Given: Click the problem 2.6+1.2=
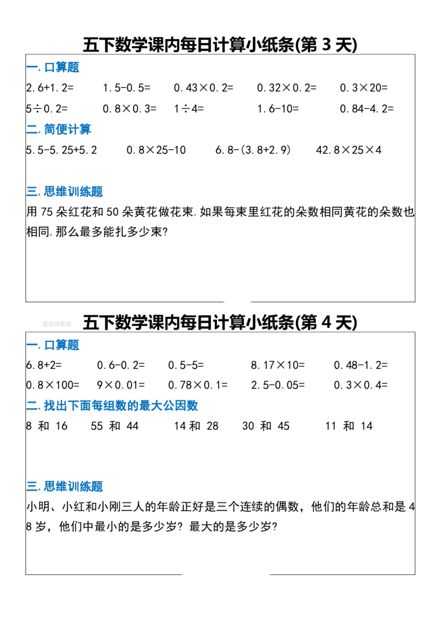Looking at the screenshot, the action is click(50, 88).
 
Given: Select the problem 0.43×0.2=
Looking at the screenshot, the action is click(203, 88).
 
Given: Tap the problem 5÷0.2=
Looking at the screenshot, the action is click(47, 109).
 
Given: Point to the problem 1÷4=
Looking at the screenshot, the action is click(189, 109).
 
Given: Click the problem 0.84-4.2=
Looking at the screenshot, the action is click(367, 109).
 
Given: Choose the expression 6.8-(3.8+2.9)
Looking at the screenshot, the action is click(253, 150).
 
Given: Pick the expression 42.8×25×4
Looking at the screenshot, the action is click(348, 150).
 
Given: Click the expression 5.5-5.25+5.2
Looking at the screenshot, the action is click(62, 150).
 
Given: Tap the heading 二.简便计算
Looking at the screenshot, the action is click(59, 129).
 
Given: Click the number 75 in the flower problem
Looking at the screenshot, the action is click(46, 212).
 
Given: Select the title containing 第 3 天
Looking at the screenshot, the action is click(220, 45).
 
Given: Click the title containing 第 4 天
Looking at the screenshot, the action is click(220, 322).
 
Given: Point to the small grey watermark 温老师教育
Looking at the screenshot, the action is click(56, 324).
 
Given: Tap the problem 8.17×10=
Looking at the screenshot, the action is click(278, 365).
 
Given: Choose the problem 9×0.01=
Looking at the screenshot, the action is click(121, 385).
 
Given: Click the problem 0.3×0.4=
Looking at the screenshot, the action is click(361, 385).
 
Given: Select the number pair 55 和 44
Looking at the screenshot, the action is click(115, 426).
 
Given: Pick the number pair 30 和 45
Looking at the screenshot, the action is click(266, 426).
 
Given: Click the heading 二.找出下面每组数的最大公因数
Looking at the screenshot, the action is click(112, 405).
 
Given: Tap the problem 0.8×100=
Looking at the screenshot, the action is click(53, 385).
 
